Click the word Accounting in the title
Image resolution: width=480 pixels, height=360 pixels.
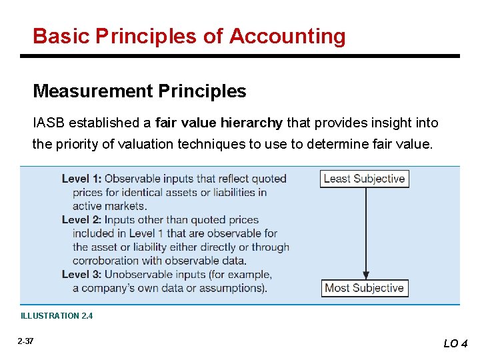click(x=287, y=36)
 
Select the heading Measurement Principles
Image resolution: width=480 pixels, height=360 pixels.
click(x=139, y=91)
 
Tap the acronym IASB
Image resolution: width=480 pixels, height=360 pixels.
click(x=49, y=123)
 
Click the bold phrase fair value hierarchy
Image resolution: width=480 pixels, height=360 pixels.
click(x=219, y=123)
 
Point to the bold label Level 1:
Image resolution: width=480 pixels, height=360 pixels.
click(x=81, y=179)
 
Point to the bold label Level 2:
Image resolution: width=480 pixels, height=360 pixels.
click(x=81, y=219)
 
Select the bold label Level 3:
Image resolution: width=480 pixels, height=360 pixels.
click(x=81, y=274)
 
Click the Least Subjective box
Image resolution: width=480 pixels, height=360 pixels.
click(x=364, y=179)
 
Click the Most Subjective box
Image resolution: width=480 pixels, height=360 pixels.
click(x=364, y=288)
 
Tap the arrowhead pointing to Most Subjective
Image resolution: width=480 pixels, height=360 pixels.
click(x=365, y=274)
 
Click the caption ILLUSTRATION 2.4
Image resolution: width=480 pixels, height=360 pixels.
click(x=57, y=316)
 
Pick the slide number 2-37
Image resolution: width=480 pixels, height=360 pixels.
click(x=26, y=341)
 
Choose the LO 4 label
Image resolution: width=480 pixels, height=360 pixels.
click(x=455, y=343)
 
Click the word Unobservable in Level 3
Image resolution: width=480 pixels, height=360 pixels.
click(x=139, y=274)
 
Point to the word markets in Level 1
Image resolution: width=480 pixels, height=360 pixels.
click(x=126, y=206)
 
